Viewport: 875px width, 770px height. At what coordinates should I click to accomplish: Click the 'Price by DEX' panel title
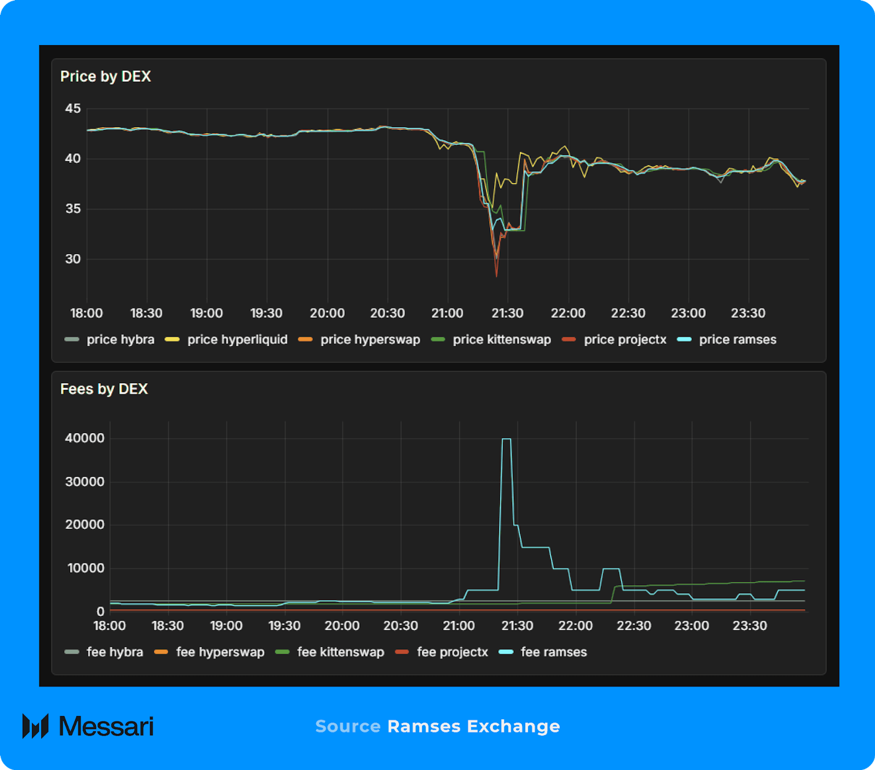pos(105,76)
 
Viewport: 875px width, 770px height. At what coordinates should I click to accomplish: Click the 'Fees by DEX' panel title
pos(104,389)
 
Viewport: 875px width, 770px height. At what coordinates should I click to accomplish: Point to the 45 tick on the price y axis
pos(73,108)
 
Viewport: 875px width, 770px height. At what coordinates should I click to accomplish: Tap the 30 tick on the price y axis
pos(73,259)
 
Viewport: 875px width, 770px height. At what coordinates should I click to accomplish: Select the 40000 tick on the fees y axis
pos(85,438)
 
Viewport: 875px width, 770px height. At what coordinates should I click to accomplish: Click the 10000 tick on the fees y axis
pos(86,568)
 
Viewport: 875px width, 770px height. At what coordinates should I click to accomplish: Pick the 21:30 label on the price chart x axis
pos(507,313)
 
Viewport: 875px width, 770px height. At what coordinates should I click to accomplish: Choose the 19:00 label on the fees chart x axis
pos(226,626)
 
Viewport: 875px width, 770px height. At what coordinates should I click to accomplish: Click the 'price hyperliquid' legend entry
pos(237,340)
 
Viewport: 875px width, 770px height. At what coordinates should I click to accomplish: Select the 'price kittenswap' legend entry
pos(501,340)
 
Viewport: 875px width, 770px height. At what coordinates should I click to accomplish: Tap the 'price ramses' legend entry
pos(737,340)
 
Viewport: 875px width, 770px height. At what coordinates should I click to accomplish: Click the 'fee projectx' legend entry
pos(452,652)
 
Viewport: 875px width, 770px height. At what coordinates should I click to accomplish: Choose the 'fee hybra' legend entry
pos(114,652)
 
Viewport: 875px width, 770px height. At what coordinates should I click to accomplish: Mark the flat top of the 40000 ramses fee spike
pos(506,439)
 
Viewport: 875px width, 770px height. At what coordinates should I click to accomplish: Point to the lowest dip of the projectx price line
pos(497,276)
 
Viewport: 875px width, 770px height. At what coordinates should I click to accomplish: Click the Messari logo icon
pos(36,726)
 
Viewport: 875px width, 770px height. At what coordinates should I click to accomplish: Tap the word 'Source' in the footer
pos(348,726)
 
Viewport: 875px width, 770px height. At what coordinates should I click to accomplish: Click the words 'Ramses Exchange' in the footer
pos(473,726)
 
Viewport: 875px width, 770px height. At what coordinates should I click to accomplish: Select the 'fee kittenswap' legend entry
pos(340,652)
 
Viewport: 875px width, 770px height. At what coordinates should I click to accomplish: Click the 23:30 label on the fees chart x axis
pos(750,626)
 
